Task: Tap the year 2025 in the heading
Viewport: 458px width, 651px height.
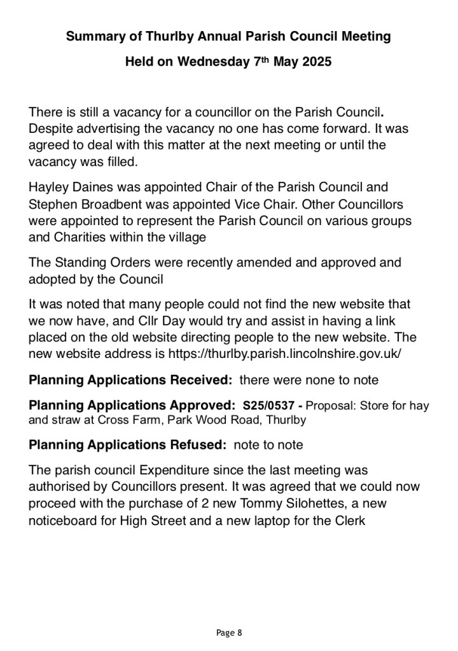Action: pyautogui.click(x=312, y=63)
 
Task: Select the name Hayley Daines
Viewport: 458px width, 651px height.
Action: pyautogui.click(x=66, y=188)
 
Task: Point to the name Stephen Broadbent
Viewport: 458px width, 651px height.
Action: pyautogui.click(x=81, y=205)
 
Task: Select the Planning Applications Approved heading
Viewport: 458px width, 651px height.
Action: pyautogui.click(x=133, y=404)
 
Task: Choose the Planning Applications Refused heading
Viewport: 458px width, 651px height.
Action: pyautogui.click(x=128, y=445)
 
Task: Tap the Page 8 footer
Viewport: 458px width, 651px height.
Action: pyautogui.click(x=229, y=633)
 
